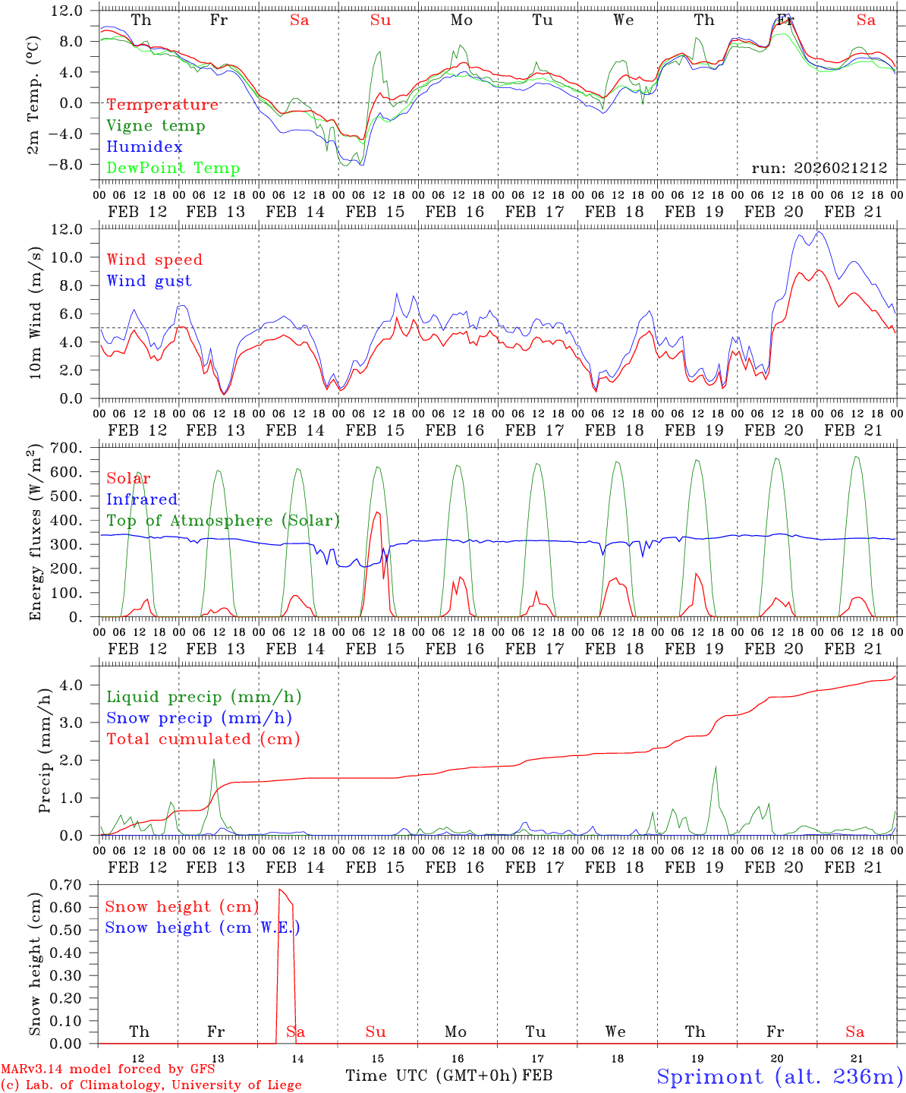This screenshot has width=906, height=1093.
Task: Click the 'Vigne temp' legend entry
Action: [x=156, y=126]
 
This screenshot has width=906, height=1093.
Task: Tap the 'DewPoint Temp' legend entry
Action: [x=173, y=169]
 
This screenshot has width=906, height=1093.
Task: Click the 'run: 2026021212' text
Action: [x=819, y=169]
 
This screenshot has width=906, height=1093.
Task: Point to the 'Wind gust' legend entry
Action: [x=149, y=281]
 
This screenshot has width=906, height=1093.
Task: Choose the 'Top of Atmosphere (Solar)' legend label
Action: [x=222, y=521]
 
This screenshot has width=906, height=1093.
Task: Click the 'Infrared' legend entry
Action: [x=142, y=499]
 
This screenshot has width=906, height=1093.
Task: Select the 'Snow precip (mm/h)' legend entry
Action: [x=199, y=718]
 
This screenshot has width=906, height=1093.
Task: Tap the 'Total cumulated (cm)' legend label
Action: [x=203, y=739]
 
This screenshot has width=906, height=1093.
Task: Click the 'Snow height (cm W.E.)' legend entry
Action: [x=202, y=928]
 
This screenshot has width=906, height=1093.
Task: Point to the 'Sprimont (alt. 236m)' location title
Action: [x=779, y=1076]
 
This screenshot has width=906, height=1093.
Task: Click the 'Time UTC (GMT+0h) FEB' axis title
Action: [x=448, y=1076]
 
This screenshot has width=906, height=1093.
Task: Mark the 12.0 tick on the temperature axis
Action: [x=67, y=11]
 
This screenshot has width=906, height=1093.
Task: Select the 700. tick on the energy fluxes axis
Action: [x=65, y=448]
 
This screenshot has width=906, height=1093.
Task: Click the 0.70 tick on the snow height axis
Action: [x=66, y=884]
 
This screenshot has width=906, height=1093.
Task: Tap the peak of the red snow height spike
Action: [x=280, y=889]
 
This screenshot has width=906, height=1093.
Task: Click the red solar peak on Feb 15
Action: [x=377, y=512]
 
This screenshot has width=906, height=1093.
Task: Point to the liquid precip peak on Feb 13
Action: [x=214, y=759]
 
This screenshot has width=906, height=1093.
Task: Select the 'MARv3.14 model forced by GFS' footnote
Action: [x=108, y=1069]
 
